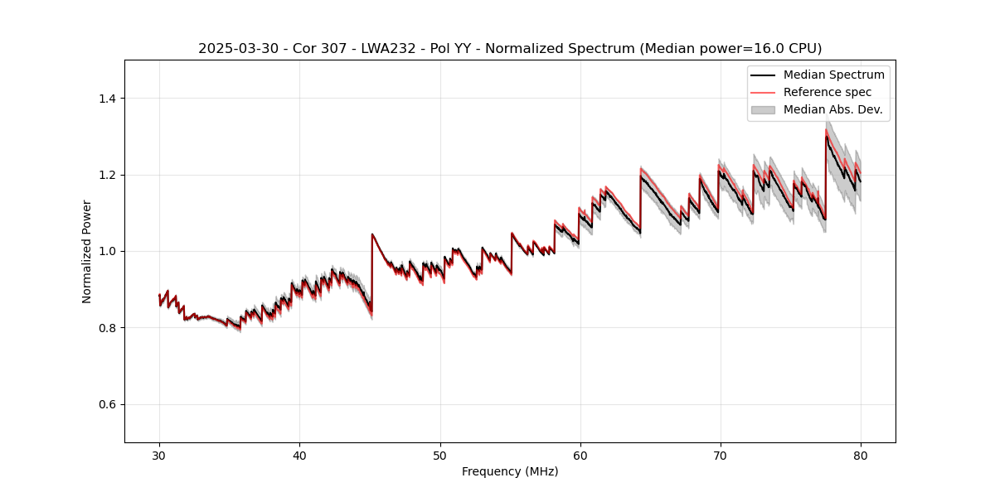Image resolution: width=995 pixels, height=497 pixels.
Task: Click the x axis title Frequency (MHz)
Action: point(510,471)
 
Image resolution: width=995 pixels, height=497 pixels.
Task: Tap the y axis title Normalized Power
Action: point(87,251)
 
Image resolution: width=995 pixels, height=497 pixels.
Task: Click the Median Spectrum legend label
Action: point(833,75)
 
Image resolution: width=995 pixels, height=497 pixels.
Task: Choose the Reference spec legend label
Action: point(828,92)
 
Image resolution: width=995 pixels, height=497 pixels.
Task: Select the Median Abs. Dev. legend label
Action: point(832,109)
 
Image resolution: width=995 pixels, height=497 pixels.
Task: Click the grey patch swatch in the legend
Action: point(763,109)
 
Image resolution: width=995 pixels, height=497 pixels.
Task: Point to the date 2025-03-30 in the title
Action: point(232,49)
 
